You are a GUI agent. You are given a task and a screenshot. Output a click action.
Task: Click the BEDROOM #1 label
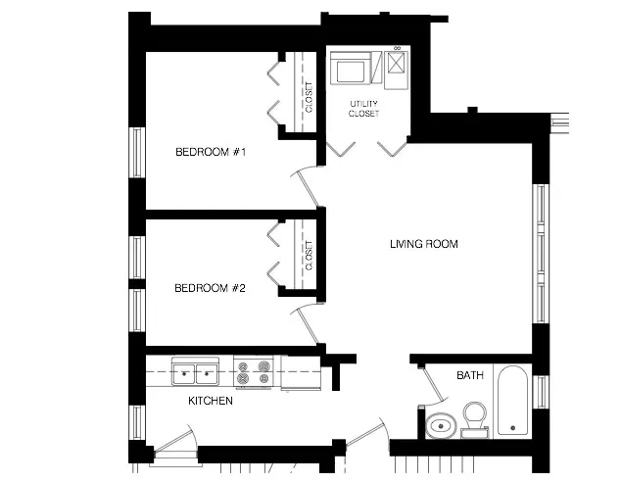[210, 152]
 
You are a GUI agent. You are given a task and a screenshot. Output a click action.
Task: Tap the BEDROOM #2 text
[210, 288]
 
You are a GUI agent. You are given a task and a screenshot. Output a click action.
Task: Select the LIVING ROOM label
[423, 244]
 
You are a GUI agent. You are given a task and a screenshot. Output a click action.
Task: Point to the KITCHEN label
[210, 401]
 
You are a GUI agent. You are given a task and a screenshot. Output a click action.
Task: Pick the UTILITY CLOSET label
[363, 108]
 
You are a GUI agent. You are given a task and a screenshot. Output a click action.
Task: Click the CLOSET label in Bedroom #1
[309, 98]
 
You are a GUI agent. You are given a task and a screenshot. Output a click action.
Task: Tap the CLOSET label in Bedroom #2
[309, 256]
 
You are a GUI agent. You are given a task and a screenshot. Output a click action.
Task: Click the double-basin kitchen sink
[196, 373]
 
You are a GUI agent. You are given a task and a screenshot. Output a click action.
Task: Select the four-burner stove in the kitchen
[254, 373]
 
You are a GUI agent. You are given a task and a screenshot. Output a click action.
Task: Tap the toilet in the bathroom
[475, 417]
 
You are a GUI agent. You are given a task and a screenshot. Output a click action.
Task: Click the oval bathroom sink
[439, 425]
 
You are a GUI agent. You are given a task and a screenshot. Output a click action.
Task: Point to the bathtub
[512, 402]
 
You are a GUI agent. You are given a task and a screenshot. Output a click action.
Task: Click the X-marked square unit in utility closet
[396, 64]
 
